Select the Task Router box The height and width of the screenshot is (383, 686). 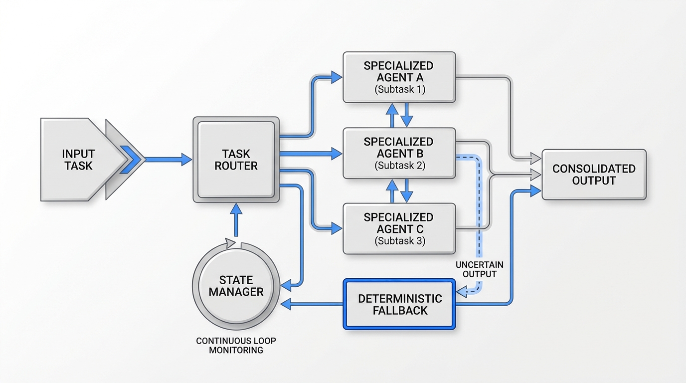pos(236,160)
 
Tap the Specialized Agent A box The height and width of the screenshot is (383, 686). pos(398,77)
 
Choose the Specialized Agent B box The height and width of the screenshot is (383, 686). pos(398,153)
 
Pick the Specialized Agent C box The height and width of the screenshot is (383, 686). pos(398,229)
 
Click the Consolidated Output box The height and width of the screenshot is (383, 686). pos(593,175)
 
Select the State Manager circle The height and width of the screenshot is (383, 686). pos(236,286)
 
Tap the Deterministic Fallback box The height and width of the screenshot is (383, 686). pos(399,304)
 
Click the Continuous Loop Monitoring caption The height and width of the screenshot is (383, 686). pos(236,346)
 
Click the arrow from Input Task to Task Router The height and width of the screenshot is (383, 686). pos(167,160)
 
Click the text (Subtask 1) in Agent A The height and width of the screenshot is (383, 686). pos(398,90)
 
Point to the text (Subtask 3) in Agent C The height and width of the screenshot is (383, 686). pos(398,241)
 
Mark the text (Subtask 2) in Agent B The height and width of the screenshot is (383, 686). pos(398,166)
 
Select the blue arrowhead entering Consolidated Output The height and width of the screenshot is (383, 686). pos(535,191)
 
